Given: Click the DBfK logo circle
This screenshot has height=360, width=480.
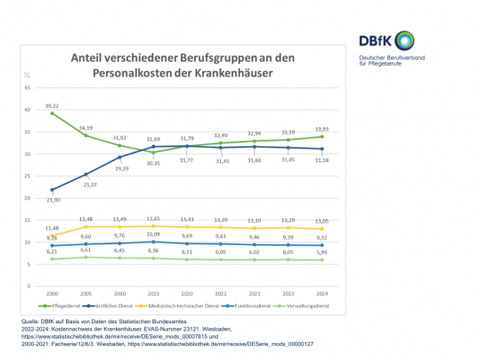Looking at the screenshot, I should coord(405,39).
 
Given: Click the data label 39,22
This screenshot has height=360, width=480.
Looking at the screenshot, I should coord(53,104).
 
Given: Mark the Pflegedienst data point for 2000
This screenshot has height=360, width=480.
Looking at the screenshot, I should coord(53,113).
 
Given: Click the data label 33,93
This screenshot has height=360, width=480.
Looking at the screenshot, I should coord(321,128).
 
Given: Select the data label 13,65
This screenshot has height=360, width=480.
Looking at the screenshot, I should coord(152,218).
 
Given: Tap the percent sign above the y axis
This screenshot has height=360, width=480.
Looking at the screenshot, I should coord(28,75).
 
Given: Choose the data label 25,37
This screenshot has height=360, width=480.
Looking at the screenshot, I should coord(87,184).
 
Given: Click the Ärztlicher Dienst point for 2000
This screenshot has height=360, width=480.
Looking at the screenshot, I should coord(53,190).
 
